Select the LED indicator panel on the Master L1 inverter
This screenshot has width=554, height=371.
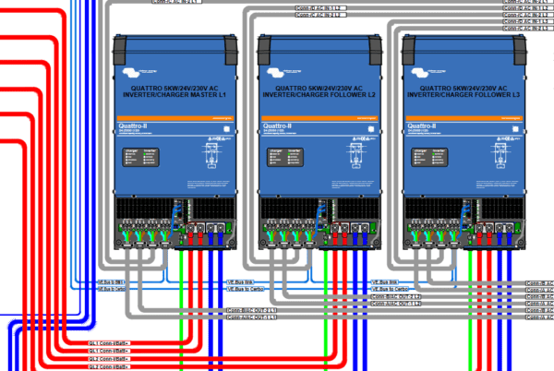point(141,155)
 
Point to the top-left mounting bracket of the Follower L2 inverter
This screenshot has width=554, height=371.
point(270,42)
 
